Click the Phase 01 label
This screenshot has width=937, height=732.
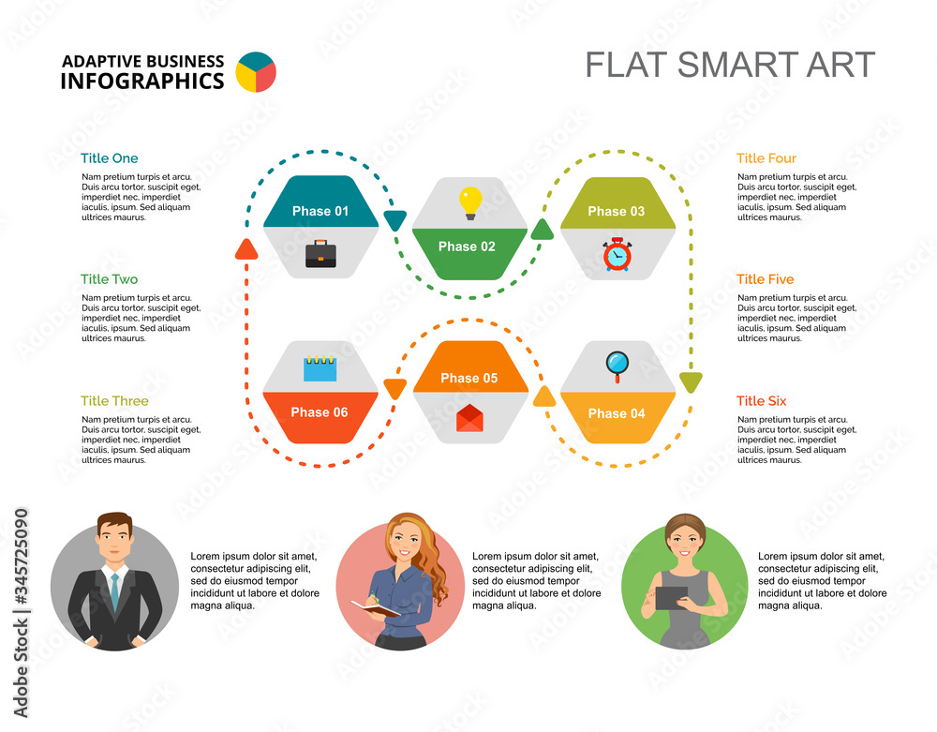[x=320, y=211]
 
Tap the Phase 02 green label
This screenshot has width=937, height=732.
[x=467, y=246]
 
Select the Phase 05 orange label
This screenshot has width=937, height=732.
[x=468, y=378]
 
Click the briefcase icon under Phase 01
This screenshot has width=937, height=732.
[x=320, y=254]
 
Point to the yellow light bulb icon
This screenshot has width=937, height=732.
[x=469, y=202]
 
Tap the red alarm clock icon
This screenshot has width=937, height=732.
[x=617, y=254]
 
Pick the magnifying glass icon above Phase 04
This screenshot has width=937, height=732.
[x=617, y=364]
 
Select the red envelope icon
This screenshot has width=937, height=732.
[x=469, y=418]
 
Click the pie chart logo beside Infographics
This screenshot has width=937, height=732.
[x=256, y=72]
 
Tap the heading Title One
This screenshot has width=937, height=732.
[x=109, y=158]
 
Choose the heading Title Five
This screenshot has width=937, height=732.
[x=765, y=279]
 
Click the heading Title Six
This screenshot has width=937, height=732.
[x=761, y=401]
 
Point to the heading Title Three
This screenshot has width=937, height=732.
[x=114, y=401]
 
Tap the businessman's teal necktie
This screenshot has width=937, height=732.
[x=114, y=590]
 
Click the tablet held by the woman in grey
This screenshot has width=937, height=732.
[x=671, y=597]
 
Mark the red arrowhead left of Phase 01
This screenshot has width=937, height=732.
[x=246, y=248]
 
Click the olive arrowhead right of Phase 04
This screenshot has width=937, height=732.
[x=690, y=381]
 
